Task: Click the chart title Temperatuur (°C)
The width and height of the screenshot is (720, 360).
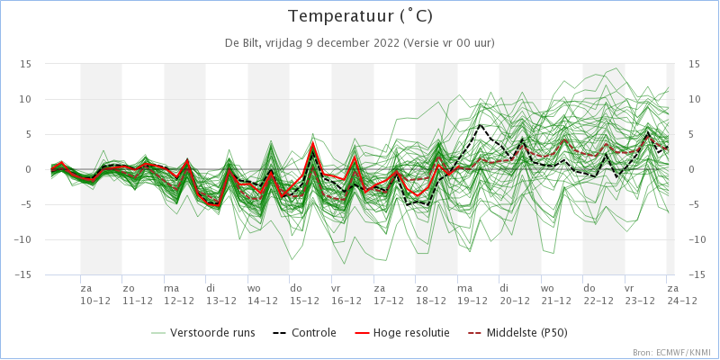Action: (360, 17)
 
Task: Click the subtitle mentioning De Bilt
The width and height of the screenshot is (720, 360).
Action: (360, 42)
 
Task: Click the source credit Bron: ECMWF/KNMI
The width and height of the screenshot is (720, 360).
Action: (671, 353)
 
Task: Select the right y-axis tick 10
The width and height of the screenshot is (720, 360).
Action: (694, 99)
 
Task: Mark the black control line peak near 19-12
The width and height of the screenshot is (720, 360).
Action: (481, 125)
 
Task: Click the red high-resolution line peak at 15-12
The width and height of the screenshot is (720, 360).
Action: (313, 142)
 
